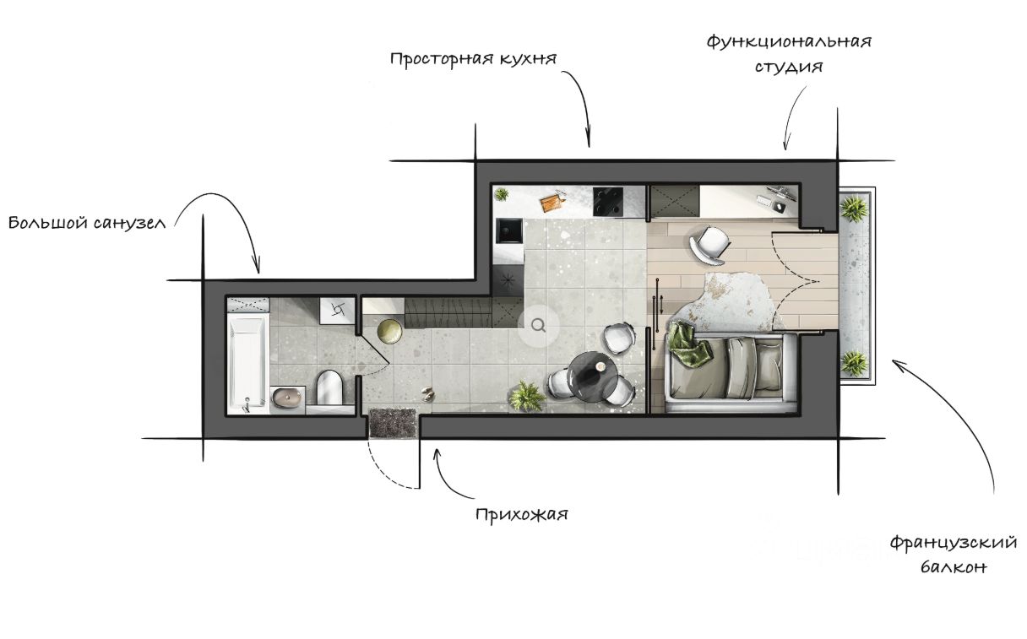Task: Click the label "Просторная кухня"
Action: click(x=473, y=60)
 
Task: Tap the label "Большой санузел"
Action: click(x=87, y=224)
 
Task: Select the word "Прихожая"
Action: click(x=521, y=514)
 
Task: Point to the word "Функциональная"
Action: click(x=789, y=41)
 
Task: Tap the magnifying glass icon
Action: click(x=539, y=324)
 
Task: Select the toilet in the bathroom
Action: click(x=329, y=387)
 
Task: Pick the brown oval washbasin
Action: click(x=289, y=396)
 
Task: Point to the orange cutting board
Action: click(x=552, y=203)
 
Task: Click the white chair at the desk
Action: click(x=711, y=245)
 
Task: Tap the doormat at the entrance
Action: click(x=394, y=423)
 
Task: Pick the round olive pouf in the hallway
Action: click(x=390, y=332)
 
